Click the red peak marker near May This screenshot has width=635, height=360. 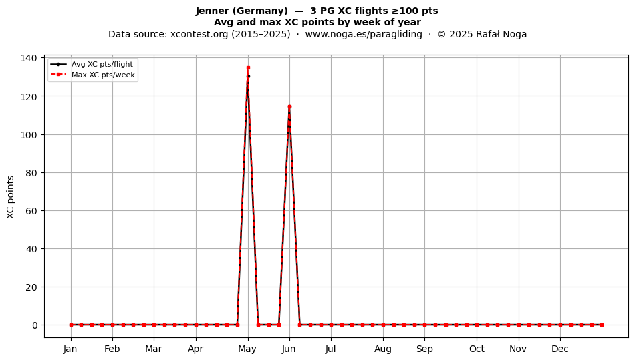[248, 68]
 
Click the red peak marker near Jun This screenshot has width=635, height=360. [289, 107]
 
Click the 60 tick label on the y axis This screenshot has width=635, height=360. [31, 211]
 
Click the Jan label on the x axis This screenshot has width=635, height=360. [70, 349]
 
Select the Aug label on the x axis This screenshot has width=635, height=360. [383, 349]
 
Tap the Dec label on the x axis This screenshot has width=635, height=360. [560, 349]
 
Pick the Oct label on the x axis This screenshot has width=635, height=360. [477, 349]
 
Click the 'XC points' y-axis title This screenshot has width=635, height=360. [11, 197]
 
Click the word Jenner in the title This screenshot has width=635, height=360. [210, 11]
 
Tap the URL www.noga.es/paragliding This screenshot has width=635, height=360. [364, 34]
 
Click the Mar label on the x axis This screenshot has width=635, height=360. [154, 349]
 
